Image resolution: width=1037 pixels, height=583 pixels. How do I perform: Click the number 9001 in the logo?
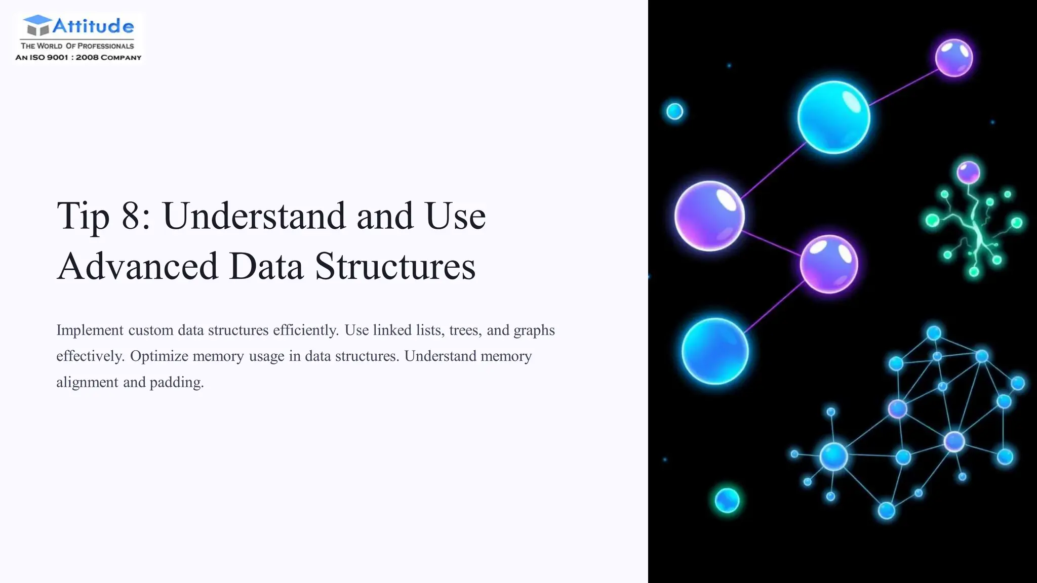[57, 57]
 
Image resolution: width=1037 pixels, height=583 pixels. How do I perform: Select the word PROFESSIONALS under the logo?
[105, 46]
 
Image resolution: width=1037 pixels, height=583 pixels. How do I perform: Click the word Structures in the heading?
[395, 266]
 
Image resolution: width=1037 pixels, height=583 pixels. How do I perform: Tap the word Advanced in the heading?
[137, 266]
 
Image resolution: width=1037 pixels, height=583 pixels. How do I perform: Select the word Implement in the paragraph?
[90, 330]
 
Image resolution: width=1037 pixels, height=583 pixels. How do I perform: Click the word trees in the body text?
[463, 330]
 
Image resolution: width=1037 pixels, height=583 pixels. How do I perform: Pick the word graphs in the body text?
[534, 330]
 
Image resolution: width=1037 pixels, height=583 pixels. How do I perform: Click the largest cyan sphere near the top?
[833, 117]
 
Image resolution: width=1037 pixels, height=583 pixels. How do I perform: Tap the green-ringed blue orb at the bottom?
[727, 500]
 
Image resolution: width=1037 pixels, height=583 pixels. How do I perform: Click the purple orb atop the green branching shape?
[968, 173]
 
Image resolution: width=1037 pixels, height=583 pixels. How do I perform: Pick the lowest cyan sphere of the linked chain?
[714, 351]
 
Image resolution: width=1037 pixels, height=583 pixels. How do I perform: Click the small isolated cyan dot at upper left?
[674, 111]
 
